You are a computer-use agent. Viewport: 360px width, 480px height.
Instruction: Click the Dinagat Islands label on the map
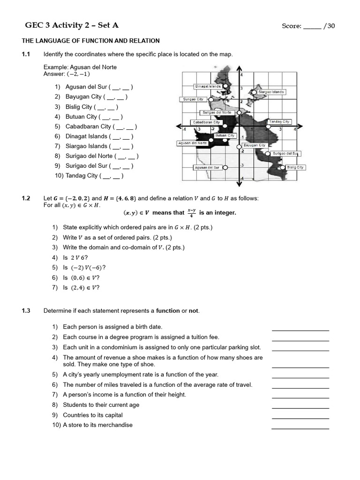click(x=208, y=86)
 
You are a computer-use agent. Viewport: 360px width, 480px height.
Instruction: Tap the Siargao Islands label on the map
click(x=271, y=92)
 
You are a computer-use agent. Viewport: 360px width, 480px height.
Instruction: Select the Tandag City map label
click(x=279, y=122)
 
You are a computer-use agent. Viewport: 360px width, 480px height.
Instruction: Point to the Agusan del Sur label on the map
click(x=207, y=167)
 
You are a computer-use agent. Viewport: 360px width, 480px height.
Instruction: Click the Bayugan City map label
click(x=255, y=145)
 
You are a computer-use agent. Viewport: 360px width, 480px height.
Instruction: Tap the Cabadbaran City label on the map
click(x=206, y=122)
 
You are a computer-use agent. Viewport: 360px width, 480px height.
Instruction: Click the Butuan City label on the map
click(x=225, y=135)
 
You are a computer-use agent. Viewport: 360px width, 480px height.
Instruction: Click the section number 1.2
click(x=26, y=198)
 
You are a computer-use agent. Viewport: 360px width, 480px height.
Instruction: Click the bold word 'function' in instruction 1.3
click(x=168, y=311)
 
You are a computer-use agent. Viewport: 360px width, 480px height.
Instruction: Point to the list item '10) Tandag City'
click(x=89, y=176)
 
